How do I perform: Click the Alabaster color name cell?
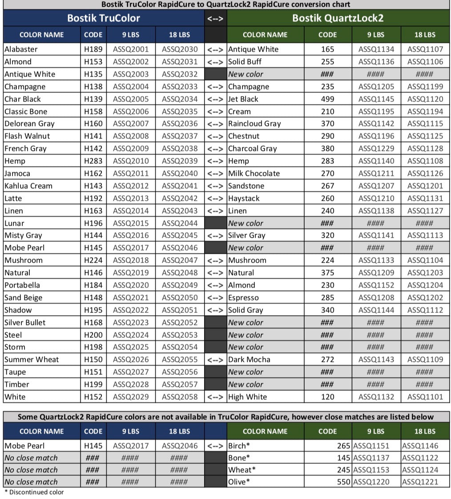21,49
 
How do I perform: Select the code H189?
93,49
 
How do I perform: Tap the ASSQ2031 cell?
180,62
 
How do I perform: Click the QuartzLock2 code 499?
327,99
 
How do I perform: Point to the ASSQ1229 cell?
376,149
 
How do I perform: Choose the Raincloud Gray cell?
254,124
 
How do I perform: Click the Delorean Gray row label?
29,124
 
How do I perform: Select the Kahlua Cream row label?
28,186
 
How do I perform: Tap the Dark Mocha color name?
249,360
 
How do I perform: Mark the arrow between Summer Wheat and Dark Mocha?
215,360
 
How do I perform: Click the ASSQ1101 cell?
425,397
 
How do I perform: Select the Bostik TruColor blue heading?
104,18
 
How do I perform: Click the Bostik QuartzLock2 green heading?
338,18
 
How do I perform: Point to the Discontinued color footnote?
34,492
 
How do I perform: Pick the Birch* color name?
239,446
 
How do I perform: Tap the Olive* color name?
239,482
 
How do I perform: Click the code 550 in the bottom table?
344,482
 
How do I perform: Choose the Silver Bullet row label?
25,323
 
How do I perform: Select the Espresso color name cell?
243,298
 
